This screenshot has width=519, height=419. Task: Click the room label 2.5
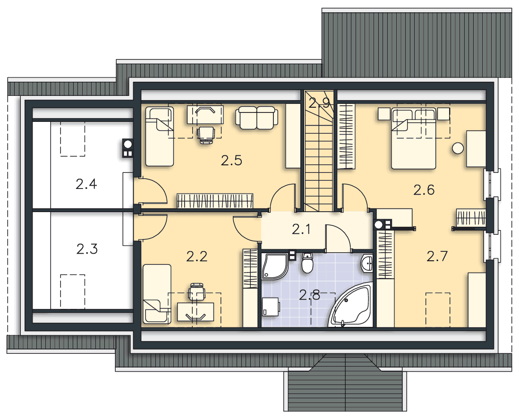231,161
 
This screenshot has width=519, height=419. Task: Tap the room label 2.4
86,184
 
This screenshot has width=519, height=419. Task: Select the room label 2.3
87,249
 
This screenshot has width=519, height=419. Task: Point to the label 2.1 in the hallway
301,229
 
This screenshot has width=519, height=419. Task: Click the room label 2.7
437,256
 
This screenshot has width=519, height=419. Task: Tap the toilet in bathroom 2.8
307,263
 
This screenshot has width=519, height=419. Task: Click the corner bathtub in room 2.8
350,305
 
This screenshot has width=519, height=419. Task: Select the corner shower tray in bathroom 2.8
275,266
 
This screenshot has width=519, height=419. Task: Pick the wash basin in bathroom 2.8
367,264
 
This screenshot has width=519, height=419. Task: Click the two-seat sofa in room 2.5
256,118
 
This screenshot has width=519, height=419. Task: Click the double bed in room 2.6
413,138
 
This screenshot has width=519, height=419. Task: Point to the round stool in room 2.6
458,148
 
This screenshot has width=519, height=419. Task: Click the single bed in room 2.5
160,137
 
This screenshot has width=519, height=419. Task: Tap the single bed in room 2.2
157,293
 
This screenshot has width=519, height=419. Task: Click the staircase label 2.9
319,103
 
